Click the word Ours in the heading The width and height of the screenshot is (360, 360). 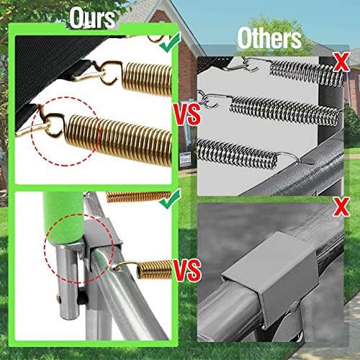coord(92,18)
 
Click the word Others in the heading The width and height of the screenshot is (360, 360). coord(269,38)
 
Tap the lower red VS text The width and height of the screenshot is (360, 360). coord(188,270)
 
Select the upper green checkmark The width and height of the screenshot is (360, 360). coord(171,42)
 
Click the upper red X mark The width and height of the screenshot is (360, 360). coord(341,62)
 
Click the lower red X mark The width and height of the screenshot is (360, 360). coord(341,206)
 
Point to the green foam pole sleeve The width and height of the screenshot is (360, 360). coord(63,217)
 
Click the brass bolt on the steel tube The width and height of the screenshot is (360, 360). coord(59,298)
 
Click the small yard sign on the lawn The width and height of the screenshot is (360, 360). coord(186,159)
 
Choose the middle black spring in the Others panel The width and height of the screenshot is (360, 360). coord(285,110)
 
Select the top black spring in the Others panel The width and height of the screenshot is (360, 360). coord(307,71)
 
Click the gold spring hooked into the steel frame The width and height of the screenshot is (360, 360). coord(154,269)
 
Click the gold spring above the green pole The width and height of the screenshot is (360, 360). coord(139,197)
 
